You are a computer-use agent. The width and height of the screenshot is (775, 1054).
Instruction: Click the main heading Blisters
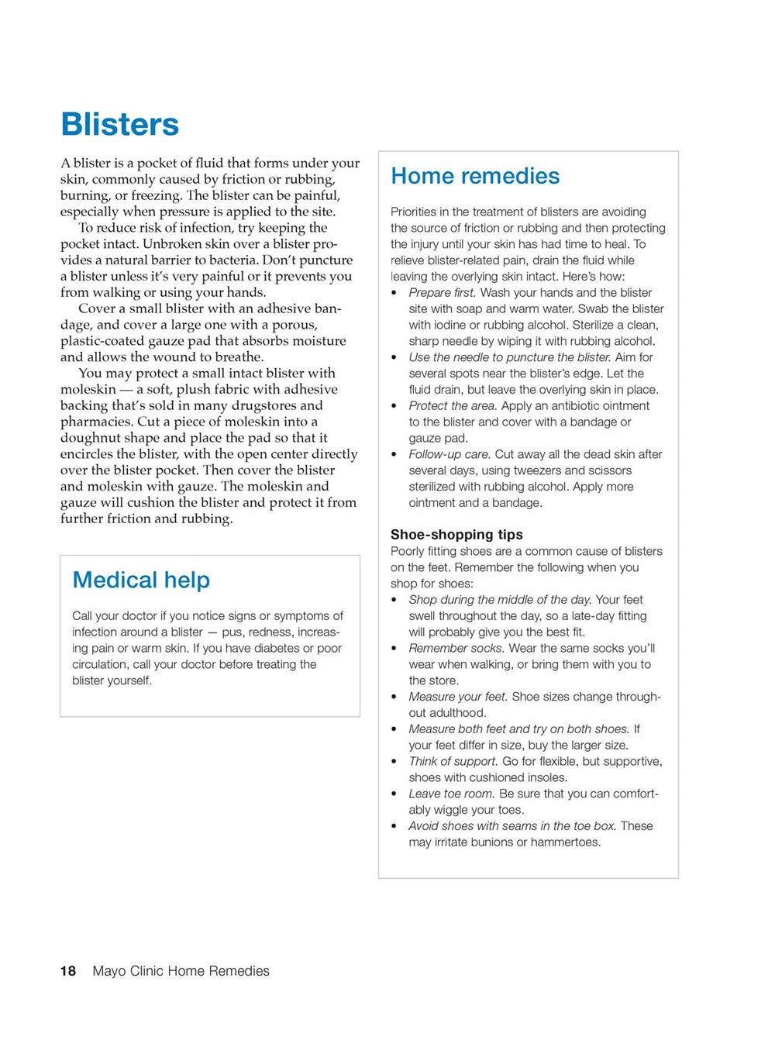click(x=119, y=124)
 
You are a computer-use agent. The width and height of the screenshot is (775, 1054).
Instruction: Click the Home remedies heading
click(x=474, y=176)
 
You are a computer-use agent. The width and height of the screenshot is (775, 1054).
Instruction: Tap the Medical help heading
click(x=141, y=580)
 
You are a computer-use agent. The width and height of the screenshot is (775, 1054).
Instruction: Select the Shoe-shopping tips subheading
click(x=456, y=535)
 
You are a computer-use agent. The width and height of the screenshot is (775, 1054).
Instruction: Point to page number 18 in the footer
click(x=68, y=971)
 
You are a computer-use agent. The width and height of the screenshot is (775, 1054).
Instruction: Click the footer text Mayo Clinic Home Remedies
click(x=181, y=971)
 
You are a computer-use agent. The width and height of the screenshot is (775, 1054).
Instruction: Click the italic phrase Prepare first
click(x=443, y=293)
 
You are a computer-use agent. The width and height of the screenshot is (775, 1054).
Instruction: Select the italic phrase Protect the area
click(x=453, y=406)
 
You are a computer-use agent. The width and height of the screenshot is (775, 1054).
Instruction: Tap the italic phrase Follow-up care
click(x=449, y=455)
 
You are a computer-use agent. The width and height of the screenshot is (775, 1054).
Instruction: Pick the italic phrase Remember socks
click(x=456, y=649)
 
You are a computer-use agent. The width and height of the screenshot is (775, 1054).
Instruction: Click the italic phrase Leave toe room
click(x=452, y=794)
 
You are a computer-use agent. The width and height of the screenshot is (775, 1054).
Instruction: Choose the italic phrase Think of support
click(x=453, y=762)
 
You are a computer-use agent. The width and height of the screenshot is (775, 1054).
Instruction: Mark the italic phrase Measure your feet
click(x=458, y=697)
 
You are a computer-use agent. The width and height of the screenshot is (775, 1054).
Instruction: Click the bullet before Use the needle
click(x=394, y=358)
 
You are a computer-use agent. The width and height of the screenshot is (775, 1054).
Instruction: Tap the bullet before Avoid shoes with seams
click(x=394, y=827)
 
